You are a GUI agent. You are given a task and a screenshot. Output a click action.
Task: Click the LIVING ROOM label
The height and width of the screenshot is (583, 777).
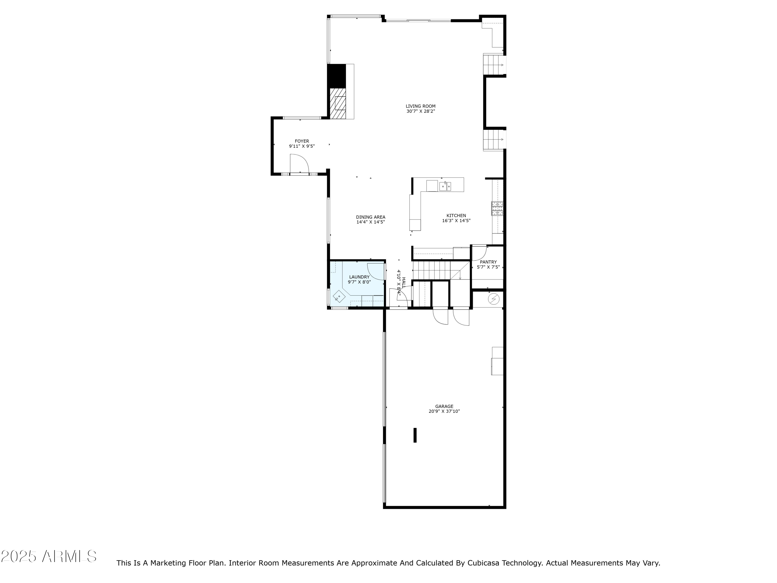(x=420, y=106)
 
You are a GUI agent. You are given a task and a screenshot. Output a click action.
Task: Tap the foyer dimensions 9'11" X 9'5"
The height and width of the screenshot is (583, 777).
(x=302, y=146)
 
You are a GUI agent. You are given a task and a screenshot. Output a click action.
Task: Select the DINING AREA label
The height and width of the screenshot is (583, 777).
(x=371, y=217)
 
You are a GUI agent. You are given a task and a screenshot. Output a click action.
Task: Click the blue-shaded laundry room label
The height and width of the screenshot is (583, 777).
(x=359, y=277)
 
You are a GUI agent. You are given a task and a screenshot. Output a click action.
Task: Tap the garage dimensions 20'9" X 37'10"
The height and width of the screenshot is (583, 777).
(x=444, y=411)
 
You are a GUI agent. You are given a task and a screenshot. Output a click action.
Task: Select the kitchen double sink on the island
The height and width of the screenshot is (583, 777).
(x=445, y=186)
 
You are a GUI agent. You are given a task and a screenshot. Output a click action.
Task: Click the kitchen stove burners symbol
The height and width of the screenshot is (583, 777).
(x=497, y=208)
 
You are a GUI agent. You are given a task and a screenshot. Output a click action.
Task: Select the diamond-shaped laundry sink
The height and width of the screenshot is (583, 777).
(x=339, y=296)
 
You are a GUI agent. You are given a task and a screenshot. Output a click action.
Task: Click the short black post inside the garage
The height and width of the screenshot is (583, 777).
(x=415, y=435)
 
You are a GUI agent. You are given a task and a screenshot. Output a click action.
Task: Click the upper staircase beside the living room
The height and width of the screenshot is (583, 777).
(x=494, y=65)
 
